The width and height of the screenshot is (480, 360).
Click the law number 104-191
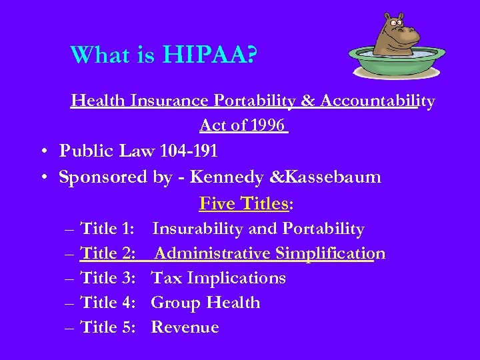pos(189,151)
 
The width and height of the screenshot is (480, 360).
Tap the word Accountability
pos(377,101)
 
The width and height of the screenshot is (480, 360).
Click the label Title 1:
pos(108,229)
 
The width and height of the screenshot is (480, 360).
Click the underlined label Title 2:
pos(108,254)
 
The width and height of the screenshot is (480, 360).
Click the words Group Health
pos(205,303)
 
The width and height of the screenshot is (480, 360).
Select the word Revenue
pos(185,327)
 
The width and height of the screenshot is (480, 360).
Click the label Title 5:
pos(108,327)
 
